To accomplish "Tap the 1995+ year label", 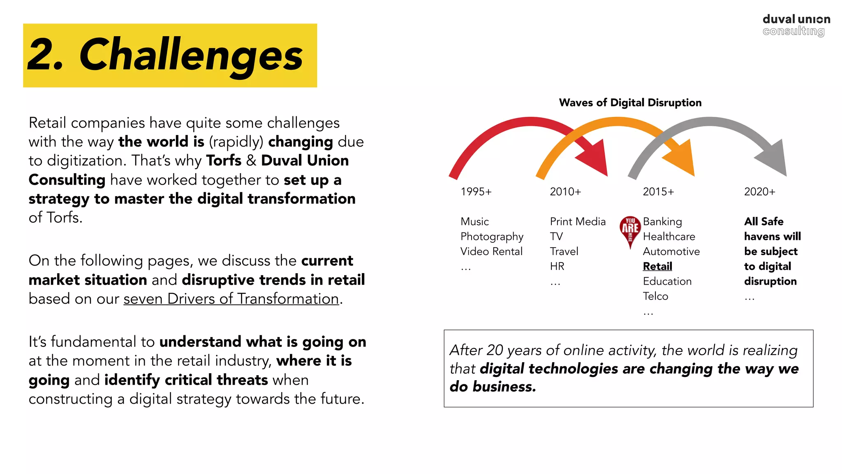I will (476, 192).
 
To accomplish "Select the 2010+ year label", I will (565, 192).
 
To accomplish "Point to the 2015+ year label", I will (658, 192).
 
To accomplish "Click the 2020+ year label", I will (759, 192).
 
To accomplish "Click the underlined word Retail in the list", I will (657, 267).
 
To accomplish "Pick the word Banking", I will (662, 222).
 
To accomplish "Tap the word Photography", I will (492, 237).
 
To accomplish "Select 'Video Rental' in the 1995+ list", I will (491, 251).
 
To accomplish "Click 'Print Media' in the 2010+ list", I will (578, 222).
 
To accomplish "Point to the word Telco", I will (655, 296).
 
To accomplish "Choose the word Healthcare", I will (669, 237).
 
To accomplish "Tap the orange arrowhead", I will (681, 158).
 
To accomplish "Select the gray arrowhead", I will (773, 158).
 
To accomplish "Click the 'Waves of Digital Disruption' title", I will (630, 102).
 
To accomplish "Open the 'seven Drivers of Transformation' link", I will (231, 299).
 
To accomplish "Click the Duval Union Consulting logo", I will (796, 25).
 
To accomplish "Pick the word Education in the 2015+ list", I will (667, 281).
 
